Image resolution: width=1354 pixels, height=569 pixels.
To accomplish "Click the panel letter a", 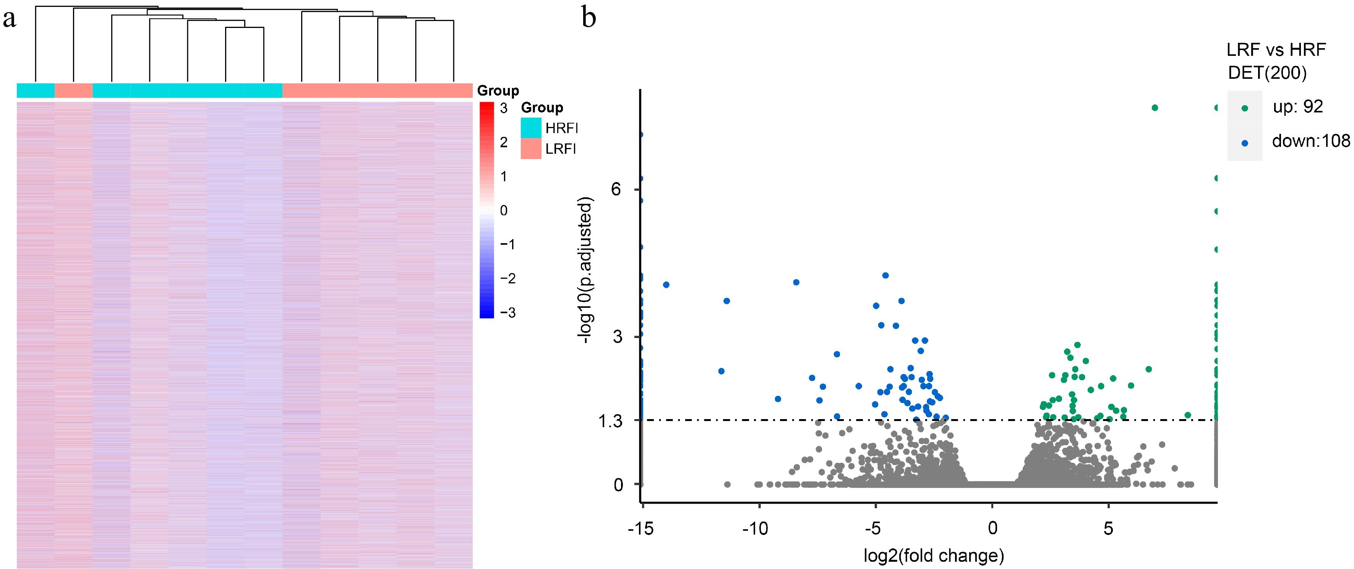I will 10,20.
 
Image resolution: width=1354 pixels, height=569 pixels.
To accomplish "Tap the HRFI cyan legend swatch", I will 531,128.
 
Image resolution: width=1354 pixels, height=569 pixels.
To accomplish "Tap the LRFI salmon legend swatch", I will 531,149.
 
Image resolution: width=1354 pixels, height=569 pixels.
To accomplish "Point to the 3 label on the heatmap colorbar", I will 504,108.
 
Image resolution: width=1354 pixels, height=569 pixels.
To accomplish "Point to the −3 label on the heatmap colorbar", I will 507,312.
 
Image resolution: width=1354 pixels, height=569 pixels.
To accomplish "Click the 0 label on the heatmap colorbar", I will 504,210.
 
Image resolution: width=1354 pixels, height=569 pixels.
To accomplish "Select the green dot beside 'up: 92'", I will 1245,108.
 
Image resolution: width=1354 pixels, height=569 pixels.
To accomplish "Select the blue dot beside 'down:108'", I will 1245,143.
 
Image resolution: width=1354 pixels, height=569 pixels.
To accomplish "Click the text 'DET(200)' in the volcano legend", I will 1267,73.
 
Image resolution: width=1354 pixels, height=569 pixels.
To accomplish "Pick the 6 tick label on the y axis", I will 616,189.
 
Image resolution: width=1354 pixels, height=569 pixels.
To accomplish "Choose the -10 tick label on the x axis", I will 755,528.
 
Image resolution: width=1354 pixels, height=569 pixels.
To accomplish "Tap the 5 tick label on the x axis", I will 1108,528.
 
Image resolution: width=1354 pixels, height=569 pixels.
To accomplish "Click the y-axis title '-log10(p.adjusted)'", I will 585,270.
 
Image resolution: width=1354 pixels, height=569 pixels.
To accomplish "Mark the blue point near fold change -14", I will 666,284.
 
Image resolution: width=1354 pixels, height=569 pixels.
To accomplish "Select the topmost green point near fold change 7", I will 1155,108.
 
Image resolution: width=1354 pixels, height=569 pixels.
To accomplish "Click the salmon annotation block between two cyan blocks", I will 74,91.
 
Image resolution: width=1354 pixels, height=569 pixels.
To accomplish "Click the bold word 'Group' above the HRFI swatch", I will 542,108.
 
